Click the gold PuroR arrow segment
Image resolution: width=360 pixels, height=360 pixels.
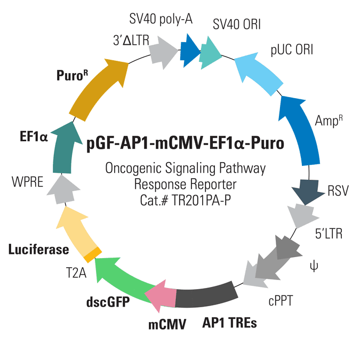click(x=97, y=90)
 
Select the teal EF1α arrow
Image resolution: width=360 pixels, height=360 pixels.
click(x=64, y=149)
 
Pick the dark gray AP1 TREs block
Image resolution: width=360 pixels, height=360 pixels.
click(x=205, y=295)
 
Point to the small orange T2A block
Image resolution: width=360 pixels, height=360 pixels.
click(x=92, y=254)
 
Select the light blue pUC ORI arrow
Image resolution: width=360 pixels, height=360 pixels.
click(x=257, y=73)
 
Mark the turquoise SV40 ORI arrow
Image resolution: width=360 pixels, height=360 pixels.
click(x=210, y=53)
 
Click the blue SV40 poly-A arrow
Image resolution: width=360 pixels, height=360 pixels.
click(x=190, y=51)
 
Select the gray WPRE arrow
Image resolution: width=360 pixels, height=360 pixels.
click(x=63, y=190)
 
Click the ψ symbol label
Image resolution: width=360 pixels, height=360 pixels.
click(x=314, y=266)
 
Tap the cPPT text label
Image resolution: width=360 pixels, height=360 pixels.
click(x=281, y=301)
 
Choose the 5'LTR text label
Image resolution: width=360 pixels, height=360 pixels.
click(x=329, y=234)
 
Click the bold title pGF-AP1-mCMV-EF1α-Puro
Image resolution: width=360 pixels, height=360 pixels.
click(x=185, y=143)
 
